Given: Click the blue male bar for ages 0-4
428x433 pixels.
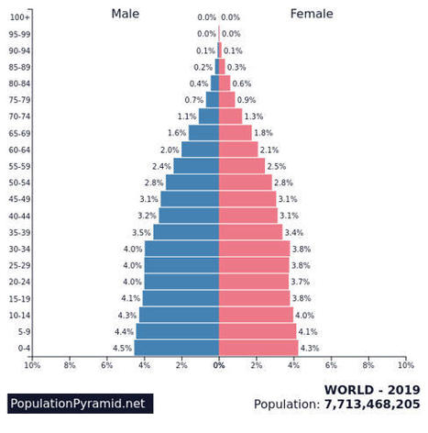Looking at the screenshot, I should (x=176, y=348).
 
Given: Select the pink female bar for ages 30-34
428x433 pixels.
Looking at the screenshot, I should (x=254, y=249).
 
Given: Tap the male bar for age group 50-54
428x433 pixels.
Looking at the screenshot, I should (x=192, y=183).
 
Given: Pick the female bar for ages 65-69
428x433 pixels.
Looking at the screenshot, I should (x=235, y=133).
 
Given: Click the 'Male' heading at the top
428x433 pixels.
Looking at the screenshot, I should (x=126, y=14).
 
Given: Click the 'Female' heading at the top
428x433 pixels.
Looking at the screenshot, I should (x=312, y=14).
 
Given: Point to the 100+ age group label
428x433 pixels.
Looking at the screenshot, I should (x=19, y=17).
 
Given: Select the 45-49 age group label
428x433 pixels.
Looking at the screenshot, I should (x=19, y=199).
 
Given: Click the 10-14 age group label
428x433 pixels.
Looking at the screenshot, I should (x=19, y=315).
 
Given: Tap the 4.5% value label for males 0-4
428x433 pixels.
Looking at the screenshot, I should (x=122, y=348).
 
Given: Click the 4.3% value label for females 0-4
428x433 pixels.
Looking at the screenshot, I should (x=310, y=348).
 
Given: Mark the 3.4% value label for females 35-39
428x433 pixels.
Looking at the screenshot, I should (x=294, y=232).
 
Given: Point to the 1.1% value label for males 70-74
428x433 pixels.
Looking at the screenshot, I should (x=187, y=117).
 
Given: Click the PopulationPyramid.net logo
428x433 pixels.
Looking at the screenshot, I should (x=78, y=403).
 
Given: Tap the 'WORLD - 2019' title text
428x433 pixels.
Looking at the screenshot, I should (x=372, y=388).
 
